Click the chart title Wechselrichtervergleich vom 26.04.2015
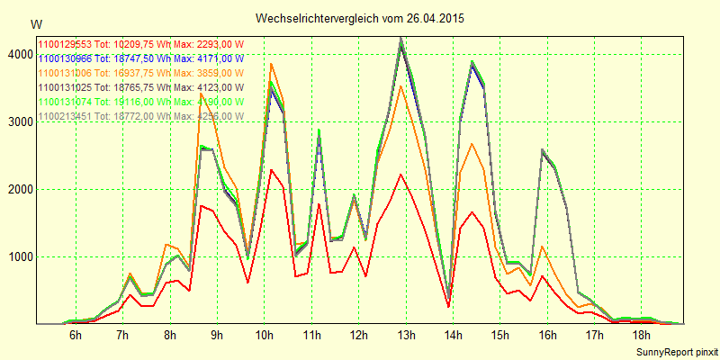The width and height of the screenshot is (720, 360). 360,18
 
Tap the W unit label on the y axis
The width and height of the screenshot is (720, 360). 35,23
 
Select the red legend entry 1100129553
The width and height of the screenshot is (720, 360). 139,44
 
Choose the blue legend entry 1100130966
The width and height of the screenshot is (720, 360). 139,58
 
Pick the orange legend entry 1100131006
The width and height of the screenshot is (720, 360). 139,73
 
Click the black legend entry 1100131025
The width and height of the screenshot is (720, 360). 139,87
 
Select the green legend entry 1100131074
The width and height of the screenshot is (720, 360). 139,102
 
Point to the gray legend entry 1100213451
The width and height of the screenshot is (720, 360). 139,116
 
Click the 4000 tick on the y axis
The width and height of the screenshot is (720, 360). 17,54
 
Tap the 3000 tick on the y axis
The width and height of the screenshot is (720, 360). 17,121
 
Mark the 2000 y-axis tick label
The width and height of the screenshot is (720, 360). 17,189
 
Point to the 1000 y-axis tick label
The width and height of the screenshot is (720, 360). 17,256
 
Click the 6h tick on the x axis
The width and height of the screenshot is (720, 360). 76,336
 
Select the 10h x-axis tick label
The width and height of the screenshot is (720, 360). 265,336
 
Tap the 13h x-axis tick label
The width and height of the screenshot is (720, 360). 406,336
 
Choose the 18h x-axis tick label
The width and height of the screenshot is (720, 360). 642,336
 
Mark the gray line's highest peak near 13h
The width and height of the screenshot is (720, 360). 400,38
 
